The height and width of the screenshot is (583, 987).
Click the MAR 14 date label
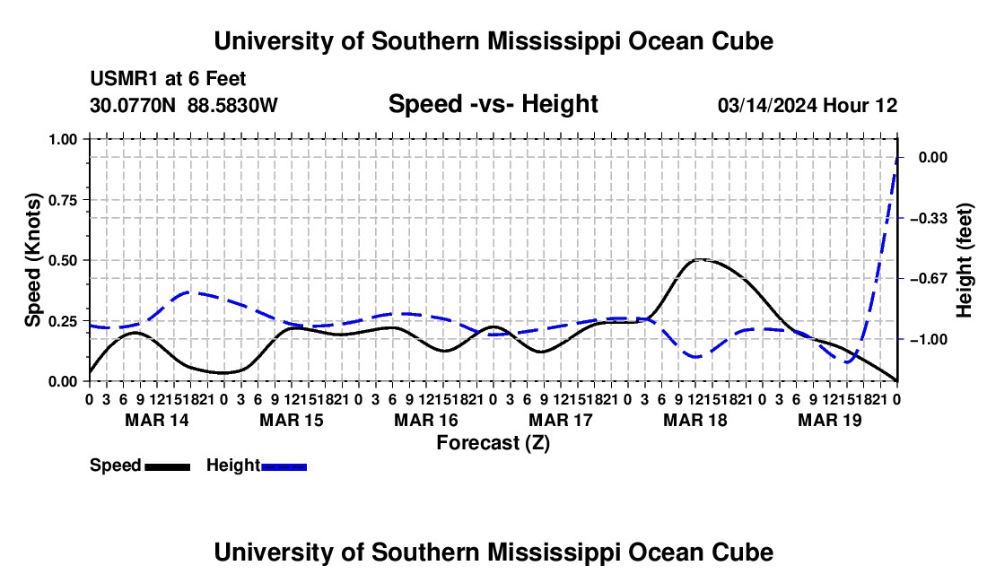(x=157, y=420)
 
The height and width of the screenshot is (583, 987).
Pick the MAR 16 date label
(x=426, y=420)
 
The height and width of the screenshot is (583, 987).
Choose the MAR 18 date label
(x=694, y=420)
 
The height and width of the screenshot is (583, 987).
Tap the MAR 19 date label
(x=830, y=420)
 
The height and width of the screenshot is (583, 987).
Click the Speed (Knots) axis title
(x=32, y=260)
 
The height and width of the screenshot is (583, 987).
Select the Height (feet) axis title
(x=964, y=260)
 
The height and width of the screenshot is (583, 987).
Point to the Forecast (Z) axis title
(x=493, y=443)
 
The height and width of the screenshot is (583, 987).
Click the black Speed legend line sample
(x=168, y=466)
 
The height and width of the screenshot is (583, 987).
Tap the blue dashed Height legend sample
(x=284, y=466)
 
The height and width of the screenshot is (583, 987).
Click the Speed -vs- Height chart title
(x=493, y=104)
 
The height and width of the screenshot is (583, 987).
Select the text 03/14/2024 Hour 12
(x=808, y=105)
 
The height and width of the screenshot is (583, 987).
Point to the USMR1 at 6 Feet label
(x=168, y=79)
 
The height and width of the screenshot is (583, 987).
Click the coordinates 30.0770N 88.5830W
(x=184, y=105)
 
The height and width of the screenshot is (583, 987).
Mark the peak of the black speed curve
(x=700, y=259)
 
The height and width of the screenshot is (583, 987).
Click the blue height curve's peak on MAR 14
(x=189, y=291)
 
